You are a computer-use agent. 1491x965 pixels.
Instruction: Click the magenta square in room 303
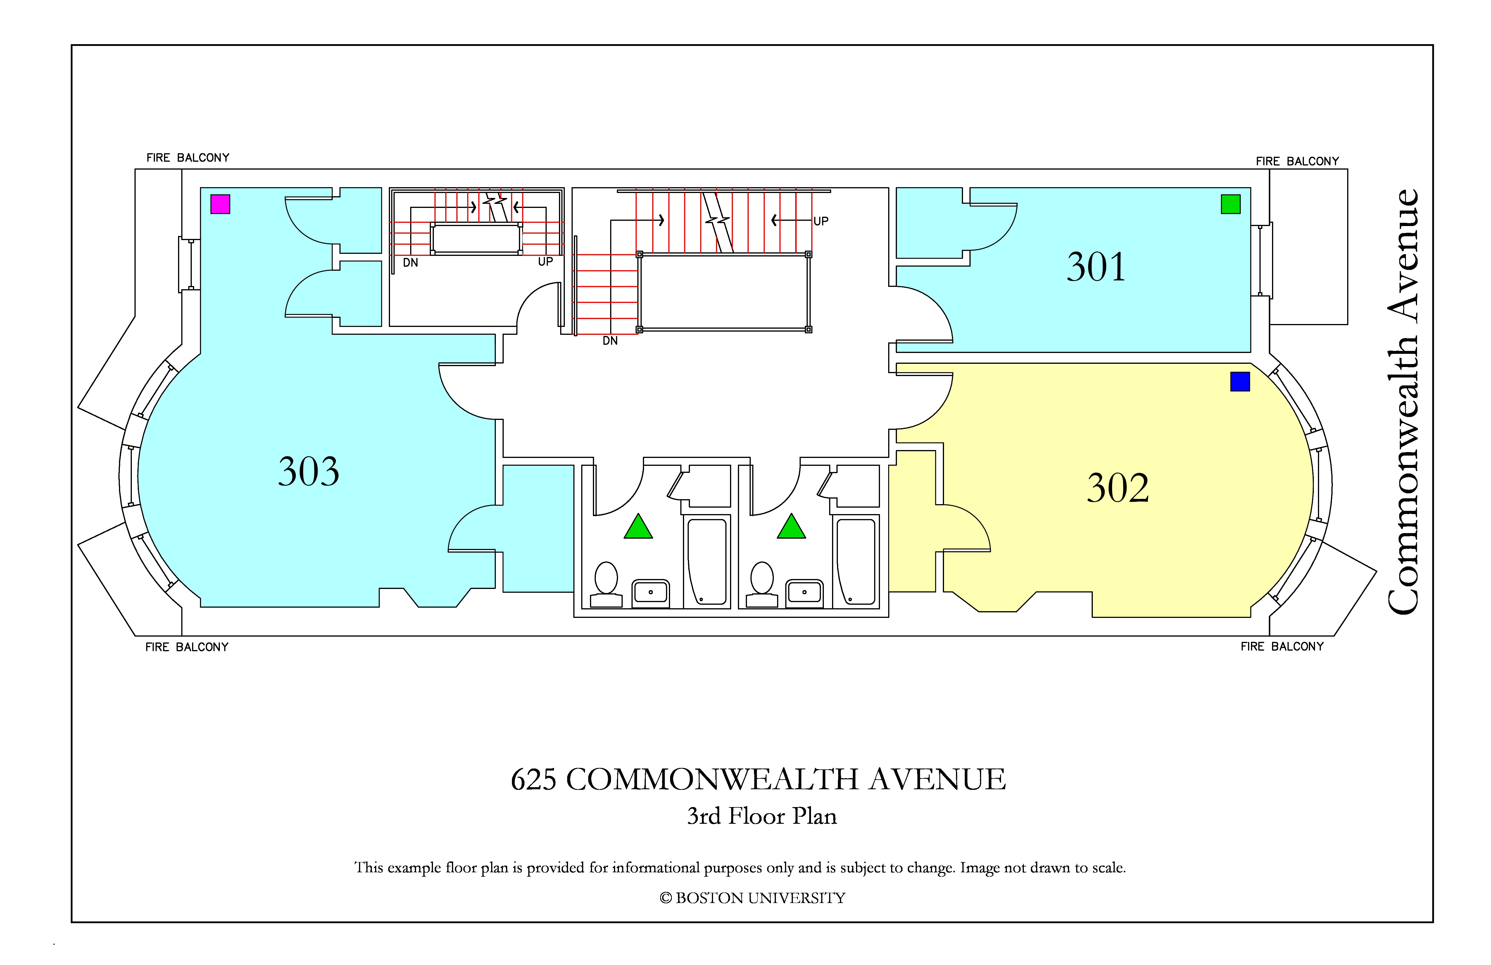pos(220,204)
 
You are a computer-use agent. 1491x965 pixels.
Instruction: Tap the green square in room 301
pos(1231,204)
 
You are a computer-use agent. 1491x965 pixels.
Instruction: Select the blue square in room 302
pos(1240,382)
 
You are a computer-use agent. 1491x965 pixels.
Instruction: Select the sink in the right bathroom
pos(804,593)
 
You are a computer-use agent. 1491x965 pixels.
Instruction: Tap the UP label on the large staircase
pos(821,221)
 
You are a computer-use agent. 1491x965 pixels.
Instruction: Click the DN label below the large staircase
pos(610,341)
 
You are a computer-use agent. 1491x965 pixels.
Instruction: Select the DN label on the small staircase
pos(410,263)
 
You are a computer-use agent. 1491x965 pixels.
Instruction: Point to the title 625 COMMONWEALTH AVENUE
pos(758,780)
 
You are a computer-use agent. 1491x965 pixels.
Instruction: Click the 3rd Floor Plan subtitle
pos(762,816)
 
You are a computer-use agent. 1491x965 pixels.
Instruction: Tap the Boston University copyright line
pos(753,898)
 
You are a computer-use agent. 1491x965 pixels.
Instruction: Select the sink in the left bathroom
pos(651,593)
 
